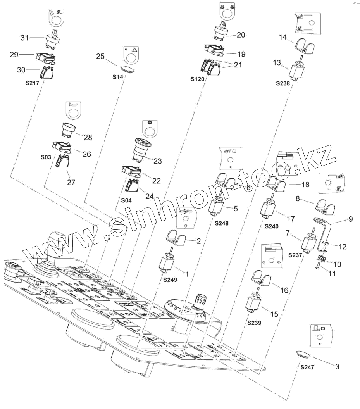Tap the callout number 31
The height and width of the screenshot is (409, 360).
point(25,38)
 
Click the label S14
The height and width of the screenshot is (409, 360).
point(118,78)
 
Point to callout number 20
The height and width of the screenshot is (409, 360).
point(241,35)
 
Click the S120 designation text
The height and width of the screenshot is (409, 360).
point(197,79)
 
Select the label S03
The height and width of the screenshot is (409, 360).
point(46,158)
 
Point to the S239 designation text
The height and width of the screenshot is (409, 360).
point(254,323)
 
